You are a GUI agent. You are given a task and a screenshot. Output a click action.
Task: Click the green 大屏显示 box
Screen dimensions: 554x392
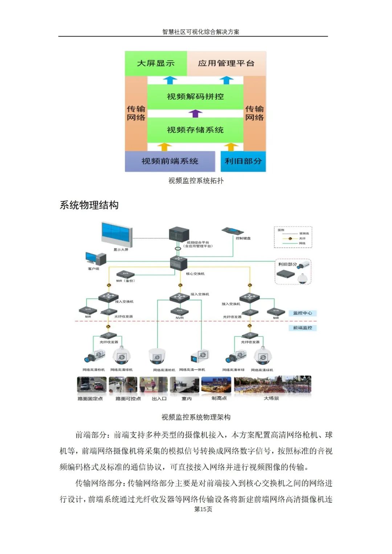tap(156, 63)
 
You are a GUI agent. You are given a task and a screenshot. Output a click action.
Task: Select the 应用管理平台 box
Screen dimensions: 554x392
tap(226, 63)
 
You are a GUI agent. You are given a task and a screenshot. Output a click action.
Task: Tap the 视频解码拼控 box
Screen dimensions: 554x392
tap(195, 97)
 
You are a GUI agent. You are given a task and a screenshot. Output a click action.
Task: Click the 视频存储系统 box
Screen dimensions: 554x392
tap(195, 130)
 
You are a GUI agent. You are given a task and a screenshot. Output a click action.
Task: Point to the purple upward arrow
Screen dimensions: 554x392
tap(195, 113)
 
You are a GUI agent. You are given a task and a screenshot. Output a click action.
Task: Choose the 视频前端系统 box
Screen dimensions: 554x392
tap(170, 161)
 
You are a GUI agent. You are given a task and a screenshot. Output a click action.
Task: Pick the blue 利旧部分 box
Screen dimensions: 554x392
tap(243, 161)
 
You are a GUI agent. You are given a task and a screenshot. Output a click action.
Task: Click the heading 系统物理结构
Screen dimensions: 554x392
tap(89, 205)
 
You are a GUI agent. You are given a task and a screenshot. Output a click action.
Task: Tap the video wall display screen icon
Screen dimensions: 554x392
tap(117, 234)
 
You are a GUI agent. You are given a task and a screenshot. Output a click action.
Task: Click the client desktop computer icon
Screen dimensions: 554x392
tap(95, 259)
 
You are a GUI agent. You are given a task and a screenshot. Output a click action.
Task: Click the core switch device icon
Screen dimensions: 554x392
tap(179, 263)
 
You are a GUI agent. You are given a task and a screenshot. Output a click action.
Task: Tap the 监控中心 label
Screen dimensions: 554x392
tap(302, 313)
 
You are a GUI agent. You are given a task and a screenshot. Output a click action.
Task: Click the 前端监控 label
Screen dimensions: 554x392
tap(302, 328)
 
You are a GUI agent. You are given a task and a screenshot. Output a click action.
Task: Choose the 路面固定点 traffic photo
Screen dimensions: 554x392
tap(91, 385)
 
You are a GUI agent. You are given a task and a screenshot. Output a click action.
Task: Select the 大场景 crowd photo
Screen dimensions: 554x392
tap(273, 385)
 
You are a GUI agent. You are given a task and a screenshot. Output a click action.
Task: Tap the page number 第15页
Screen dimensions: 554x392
tap(203, 509)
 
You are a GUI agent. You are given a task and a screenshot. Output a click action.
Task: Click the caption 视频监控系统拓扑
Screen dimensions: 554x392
tap(196, 181)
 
